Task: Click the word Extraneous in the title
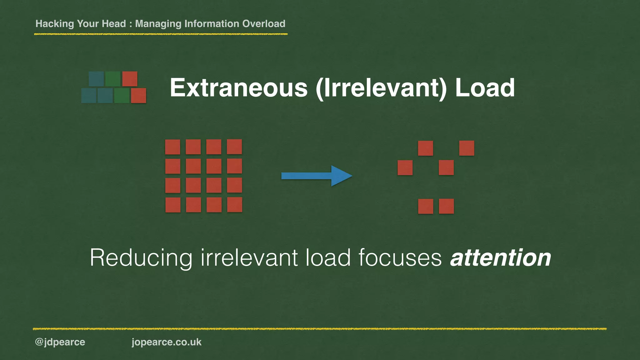(238, 88)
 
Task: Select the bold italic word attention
(500, 258)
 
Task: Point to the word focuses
(400, 258)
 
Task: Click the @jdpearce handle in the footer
(60, 342)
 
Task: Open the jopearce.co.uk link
(167, 342)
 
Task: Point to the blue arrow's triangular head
(341, 176)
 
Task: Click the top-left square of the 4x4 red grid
(172, 147)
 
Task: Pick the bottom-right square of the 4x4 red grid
(234, 205)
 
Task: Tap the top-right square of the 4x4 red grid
(234, 147)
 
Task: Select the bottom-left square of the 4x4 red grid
(173, 205)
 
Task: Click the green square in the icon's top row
(113, 79)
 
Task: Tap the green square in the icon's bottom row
(122, 96)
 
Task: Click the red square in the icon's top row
(130, 79)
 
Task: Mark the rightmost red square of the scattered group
(467, 148)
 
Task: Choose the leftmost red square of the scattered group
(405, 167)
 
